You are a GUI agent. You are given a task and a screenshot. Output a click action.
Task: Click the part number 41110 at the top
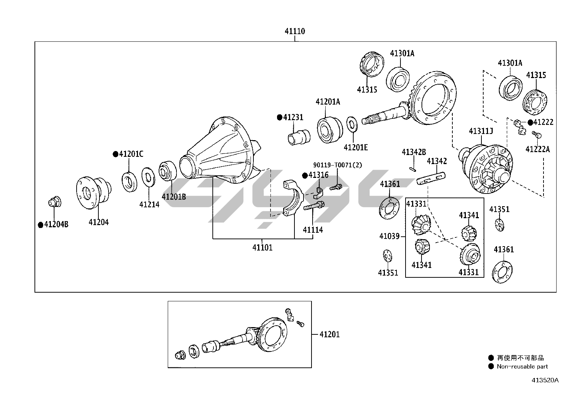pyautogui.click(x=294, y=32)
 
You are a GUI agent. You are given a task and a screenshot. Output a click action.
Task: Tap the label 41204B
pyautogui.click(x=56, y=224)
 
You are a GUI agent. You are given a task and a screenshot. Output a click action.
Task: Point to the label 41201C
pyautogui.click(x=131, y=154)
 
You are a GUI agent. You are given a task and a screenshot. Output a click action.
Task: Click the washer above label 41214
pyautogui.click(x=147, y=177)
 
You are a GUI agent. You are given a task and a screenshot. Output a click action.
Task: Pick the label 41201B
pyautogui.click(x=174, y=197)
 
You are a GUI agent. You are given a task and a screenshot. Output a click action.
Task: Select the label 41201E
pyautogui.click(x=356, y=147)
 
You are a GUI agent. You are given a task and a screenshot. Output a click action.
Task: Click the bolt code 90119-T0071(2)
pyautogui.click(x=338, y=165)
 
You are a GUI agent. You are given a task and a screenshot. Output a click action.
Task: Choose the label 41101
pyautogui.click(x=262, y=248)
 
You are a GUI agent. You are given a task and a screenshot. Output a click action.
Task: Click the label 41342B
pyautogui.click(x=414, y=152)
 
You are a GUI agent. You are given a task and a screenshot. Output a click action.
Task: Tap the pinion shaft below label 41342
pyautogui.click(x=431, y=179)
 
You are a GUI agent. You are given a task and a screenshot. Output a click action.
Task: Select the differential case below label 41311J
pyautogui.click(x=487, y=169)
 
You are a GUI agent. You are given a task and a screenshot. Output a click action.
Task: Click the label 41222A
pyautogui.click(x=538, y=149)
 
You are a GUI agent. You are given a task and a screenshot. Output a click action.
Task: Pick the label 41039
pyautogui.click(x=389, y=236)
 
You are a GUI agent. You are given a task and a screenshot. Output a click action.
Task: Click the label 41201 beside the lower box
pyautogui.click(x=330, y=334)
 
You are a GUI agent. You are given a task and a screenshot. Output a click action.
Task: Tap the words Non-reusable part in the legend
pyautogui.click(x=522, y=367)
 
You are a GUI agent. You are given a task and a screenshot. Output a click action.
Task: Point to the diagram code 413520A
pyautogui.click(x=545, y=380)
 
